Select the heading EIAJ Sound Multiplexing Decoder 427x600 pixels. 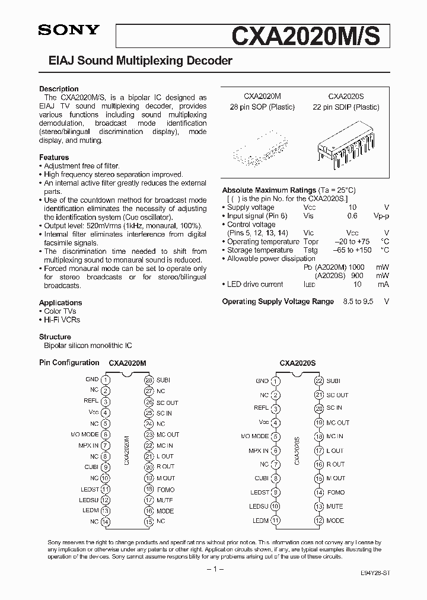coord(135,61)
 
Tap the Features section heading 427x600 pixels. coord(54,157)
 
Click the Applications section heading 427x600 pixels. coord(60,302)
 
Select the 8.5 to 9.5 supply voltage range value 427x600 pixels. coord(358,301)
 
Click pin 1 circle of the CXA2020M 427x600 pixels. coord(106,380)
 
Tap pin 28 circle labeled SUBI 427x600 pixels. coord(148,380)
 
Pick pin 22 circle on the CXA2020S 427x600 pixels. coord(318,381)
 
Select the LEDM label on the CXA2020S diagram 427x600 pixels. coord(261,521)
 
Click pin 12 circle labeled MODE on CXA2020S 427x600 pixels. coord(318,521)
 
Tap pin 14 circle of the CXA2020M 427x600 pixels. coord(106,522)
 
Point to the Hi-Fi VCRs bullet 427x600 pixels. coord(62,320)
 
